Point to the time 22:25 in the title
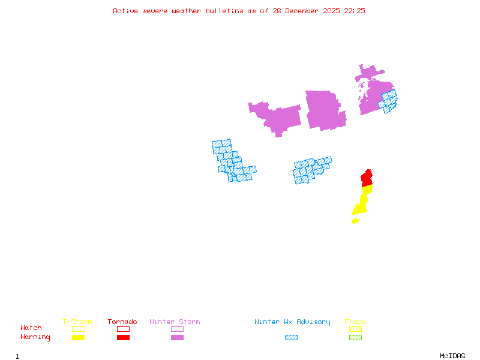[x=354, y=11]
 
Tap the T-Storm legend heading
[x=77, y=322]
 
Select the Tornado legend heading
[x=122, y=322]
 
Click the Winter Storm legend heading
[x=175, y=322]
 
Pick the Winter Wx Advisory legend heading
[x=292, y=322]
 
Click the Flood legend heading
[x=355, y=322]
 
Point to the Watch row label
[x=31, y=328]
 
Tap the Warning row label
[x=35, y=337]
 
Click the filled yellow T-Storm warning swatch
[x=78, y=338]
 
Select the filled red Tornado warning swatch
[x=123, y=338]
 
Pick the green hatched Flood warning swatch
[x=355, y=338]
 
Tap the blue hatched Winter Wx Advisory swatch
[x=291, y=338]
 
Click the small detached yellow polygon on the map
[x=355, y=221]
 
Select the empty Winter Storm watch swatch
[x=177, y=329]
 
